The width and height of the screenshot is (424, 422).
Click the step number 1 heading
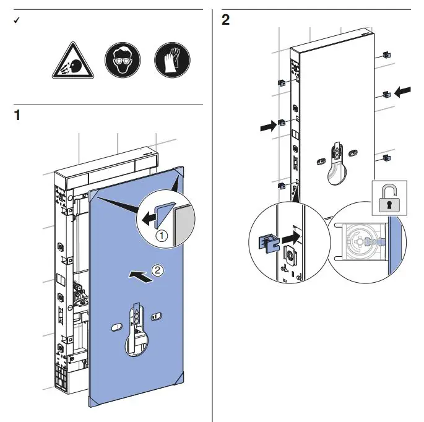17,114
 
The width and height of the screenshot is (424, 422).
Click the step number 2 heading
225,20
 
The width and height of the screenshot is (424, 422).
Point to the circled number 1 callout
160,236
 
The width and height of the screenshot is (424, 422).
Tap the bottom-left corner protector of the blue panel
93,400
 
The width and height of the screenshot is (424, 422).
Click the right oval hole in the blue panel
157,316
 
